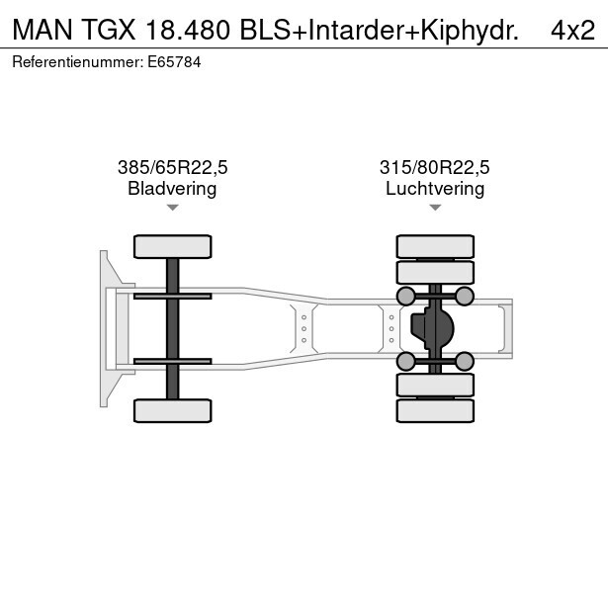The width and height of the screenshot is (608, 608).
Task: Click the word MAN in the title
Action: [43, 30]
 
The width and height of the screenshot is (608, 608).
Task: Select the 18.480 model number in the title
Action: [188, 30]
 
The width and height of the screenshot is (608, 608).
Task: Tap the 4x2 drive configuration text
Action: [572, 30]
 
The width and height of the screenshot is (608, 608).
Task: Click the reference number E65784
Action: [174, 62]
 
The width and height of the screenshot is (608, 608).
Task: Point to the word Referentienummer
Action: [77, 62]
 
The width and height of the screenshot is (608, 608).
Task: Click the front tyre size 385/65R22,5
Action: [173, 167]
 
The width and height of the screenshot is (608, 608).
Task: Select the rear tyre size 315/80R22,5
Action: [435, 167]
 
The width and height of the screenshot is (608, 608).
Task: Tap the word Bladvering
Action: [172, 189]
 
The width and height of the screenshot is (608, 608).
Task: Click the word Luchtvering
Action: [435, 189]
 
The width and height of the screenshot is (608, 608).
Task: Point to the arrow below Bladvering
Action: [173, 208]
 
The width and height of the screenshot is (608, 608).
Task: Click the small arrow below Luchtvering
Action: [435, 208]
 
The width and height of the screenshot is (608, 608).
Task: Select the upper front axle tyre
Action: [173, 246]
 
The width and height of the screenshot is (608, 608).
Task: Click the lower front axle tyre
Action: [173, 410]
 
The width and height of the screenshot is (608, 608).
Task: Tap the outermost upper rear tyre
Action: [435, 246]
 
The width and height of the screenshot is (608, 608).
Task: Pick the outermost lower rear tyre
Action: [435, 410]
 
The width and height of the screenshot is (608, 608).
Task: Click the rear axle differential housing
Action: [432, 329]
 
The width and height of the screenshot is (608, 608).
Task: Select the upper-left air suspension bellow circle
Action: [406, 297]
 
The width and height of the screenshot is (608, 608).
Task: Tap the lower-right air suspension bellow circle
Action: [464, 362]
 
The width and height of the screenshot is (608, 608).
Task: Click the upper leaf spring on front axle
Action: [173, 297]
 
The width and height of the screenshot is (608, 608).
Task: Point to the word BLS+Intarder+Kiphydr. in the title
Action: [380, 30]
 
